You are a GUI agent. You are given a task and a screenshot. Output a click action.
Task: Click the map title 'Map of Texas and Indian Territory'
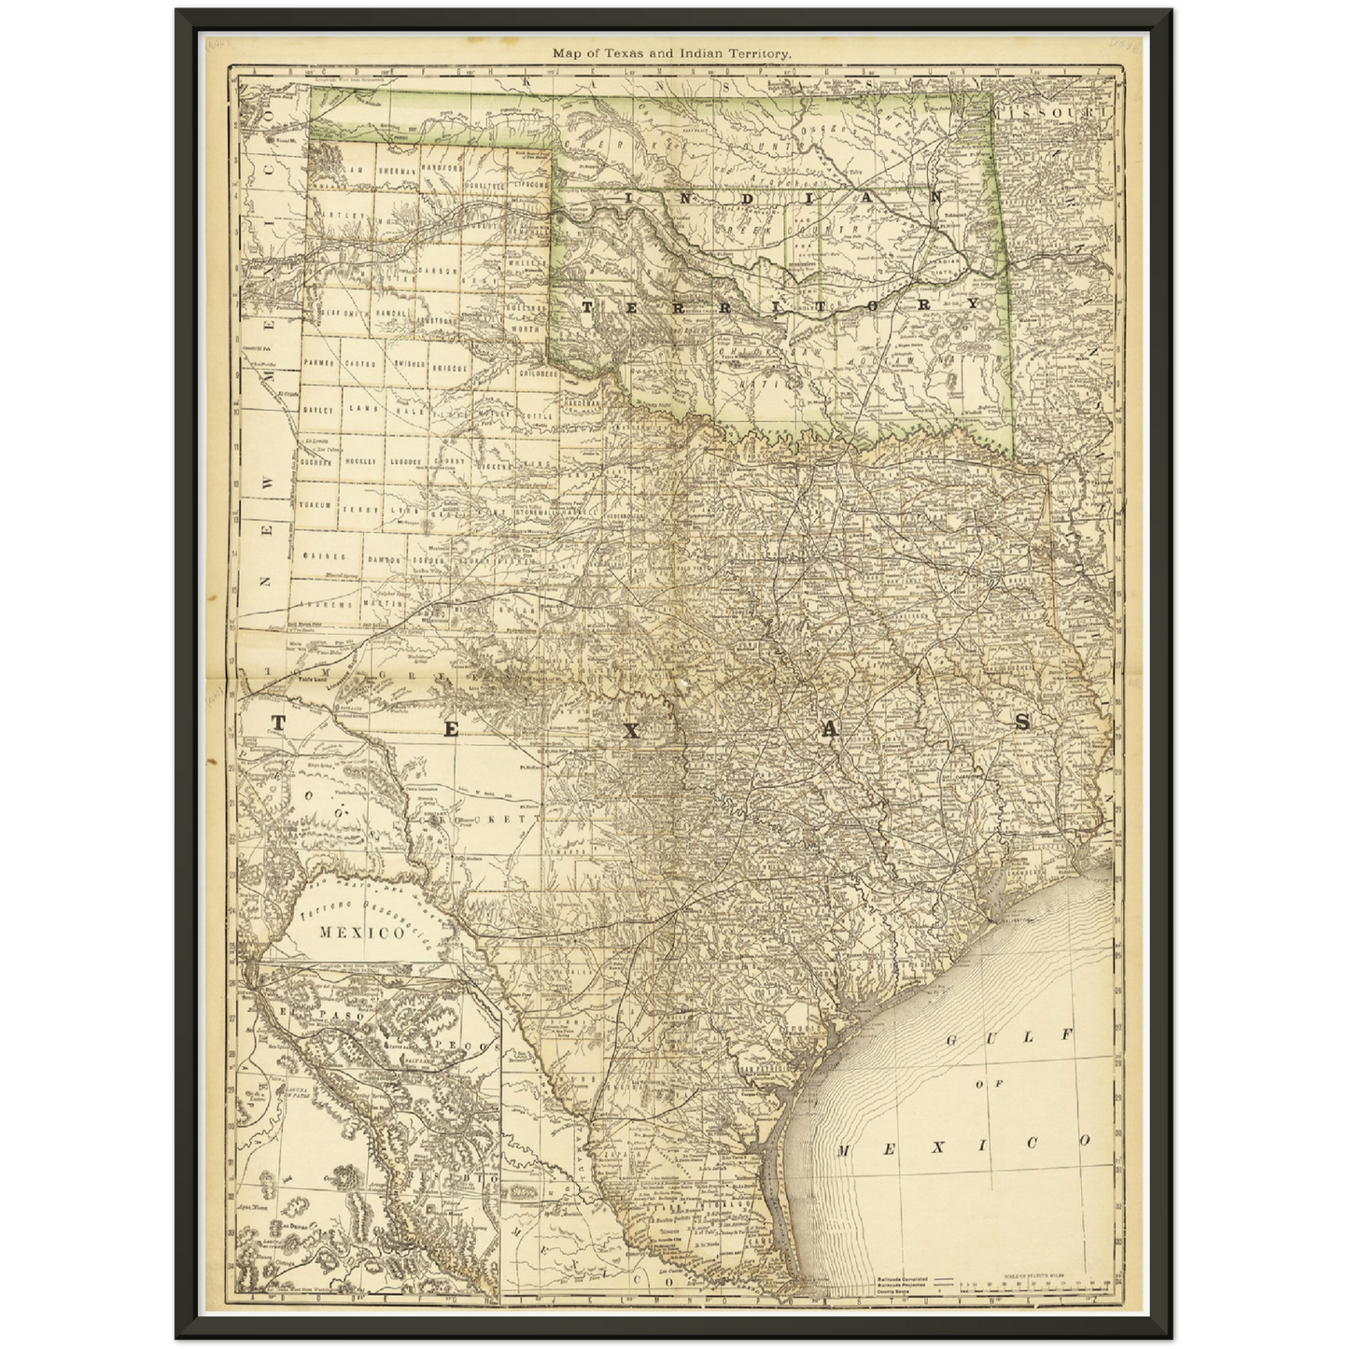tap(672, 54)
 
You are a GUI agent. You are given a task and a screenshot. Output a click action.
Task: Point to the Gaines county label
tap(323, 556)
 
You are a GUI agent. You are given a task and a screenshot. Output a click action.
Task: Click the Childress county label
tap(538, 373)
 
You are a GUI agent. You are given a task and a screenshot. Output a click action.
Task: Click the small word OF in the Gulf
tap(980, 1085)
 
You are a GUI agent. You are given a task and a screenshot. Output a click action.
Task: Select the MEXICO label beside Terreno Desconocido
tap(347, 932)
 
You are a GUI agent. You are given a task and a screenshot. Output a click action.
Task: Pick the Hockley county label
tap(361, 461)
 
